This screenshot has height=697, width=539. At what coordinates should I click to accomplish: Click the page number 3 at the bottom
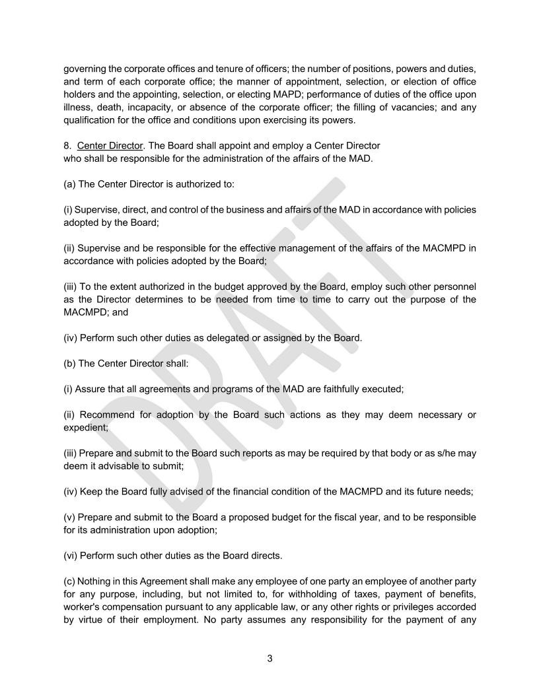point(269,658)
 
